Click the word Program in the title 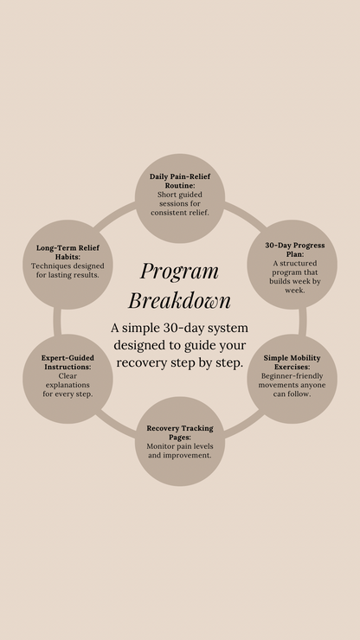point(179,271)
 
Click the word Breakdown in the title point(179,300)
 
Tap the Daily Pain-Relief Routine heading point(179,181)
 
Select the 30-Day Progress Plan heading point(295,250)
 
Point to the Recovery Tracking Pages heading point(179,432)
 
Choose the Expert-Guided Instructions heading point(68,362)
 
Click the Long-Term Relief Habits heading point(68,252)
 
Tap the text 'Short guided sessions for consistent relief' point(180,203)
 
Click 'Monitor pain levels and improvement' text point(180,450)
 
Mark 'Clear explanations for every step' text point(68,385)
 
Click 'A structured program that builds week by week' point(295,277)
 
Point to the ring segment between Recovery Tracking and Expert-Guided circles point(115,421)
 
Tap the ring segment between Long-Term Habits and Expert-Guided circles point(58,321)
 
